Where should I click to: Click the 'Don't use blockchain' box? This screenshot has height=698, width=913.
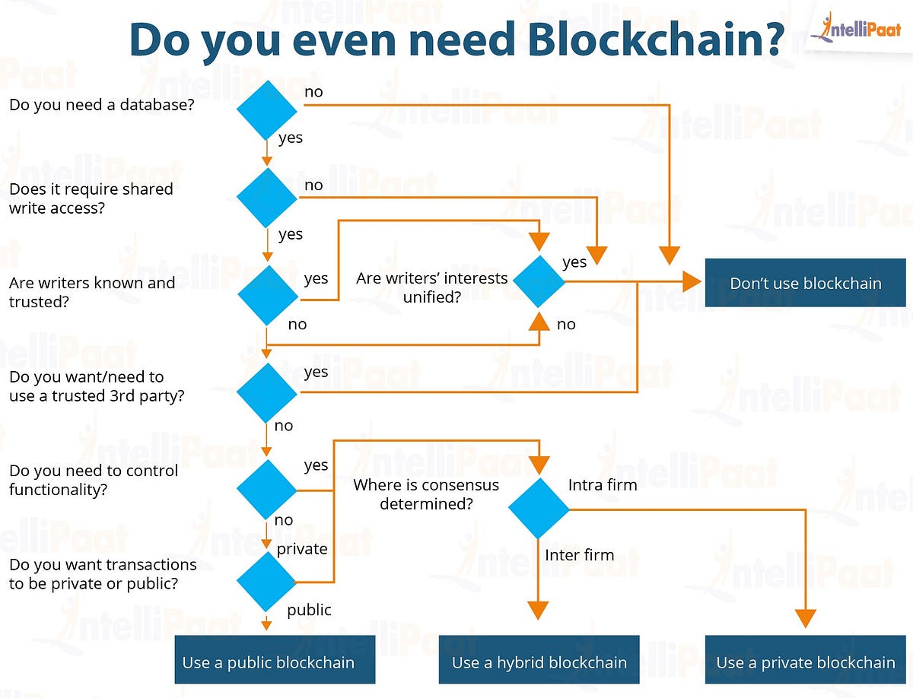805,284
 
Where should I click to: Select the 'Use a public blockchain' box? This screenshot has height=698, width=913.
268,662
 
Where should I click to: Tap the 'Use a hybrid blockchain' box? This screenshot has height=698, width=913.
539,662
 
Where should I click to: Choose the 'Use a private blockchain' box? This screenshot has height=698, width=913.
805,662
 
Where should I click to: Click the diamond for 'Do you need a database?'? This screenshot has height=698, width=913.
267,109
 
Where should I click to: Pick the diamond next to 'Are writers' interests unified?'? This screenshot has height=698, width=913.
539,281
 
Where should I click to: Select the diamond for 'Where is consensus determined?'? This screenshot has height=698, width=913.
539,509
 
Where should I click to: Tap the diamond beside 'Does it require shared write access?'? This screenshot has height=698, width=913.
267,198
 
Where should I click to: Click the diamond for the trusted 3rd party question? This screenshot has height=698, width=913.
267,392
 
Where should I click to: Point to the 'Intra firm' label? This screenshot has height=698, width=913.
603,484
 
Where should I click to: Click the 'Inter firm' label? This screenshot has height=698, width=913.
579,555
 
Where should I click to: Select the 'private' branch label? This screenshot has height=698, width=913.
302,548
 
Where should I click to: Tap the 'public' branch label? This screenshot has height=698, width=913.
309,609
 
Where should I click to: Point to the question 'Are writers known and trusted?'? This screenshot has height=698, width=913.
91,292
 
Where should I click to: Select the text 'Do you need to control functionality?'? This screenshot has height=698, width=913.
93,480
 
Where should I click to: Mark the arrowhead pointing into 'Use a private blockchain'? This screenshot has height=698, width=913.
805,617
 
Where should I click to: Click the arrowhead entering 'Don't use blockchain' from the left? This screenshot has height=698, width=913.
691,282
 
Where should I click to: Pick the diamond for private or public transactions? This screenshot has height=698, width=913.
267,582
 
